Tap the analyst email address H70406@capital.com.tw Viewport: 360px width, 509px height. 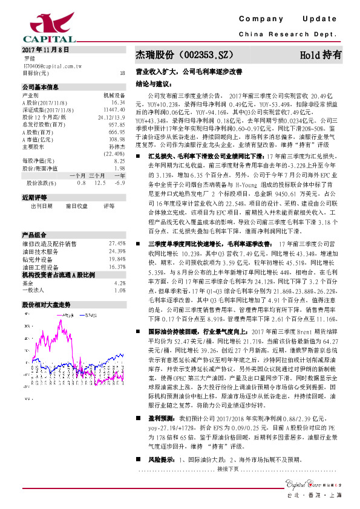point(48,65)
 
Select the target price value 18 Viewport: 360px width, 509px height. point(123,73)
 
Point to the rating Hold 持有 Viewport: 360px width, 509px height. point(321,54)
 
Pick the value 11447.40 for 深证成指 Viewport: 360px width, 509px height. point(114,110)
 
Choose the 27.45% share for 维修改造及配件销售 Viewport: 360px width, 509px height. point(117,226)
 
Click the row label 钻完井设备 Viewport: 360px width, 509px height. point(37,241)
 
